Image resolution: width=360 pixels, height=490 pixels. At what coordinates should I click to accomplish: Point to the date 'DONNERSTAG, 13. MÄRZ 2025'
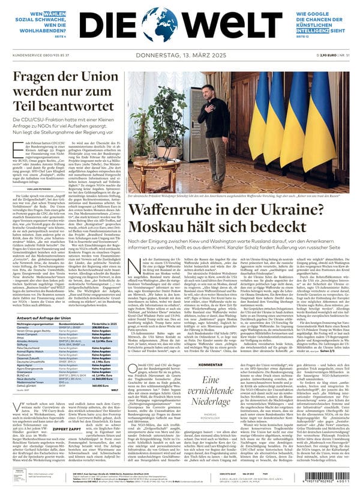180,55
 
